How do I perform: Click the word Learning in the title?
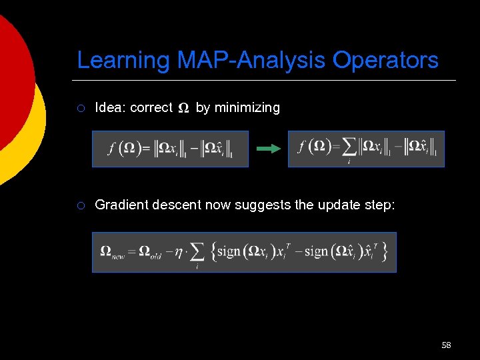point(124,60)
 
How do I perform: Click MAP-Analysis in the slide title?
point(251,60)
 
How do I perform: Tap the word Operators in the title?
point(385,60)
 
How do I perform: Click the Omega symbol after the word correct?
point(184,109)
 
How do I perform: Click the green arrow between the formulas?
point(269,149)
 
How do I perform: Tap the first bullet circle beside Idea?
point(81,108)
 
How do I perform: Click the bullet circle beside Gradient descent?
point(81,205)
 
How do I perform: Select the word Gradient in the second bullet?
point(121,205)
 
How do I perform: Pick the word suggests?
point(263,205)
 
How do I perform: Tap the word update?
point(339,205)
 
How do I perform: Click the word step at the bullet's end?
point(380,205)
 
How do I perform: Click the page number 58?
point(446,345)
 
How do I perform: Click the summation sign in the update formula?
point(197,252)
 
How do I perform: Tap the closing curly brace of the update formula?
point(385,251)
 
